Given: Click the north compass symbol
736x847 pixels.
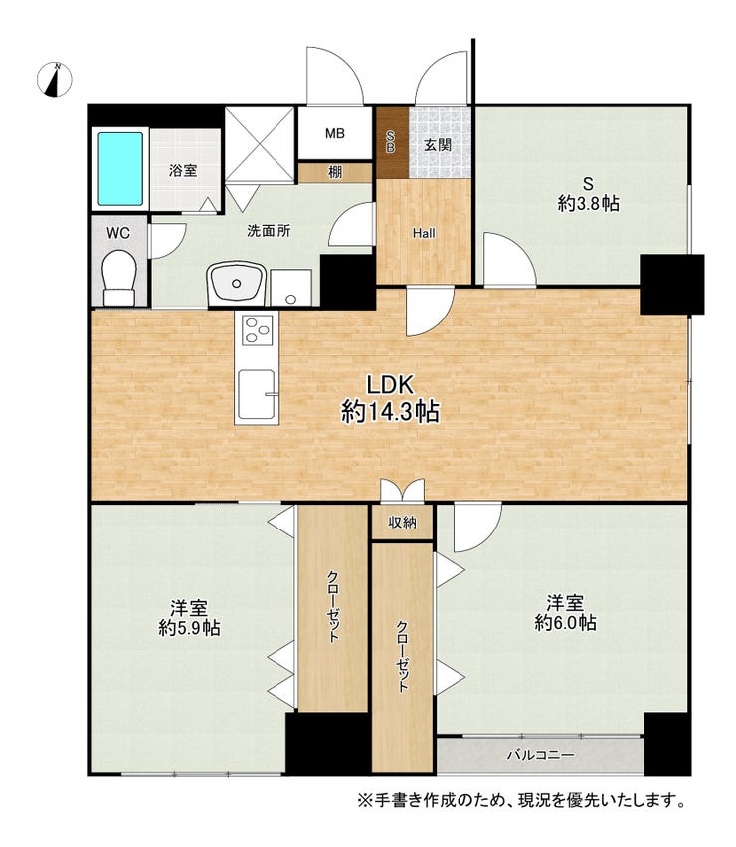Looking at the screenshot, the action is (55, 80).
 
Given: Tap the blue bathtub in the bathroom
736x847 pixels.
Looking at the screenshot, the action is (120, 169).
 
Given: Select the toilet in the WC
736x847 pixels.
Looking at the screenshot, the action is (119, 278).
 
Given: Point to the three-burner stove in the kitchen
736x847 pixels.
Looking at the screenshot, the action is (257, 329).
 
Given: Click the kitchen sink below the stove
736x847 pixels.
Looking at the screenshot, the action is (257, 394).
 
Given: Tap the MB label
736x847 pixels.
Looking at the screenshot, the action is (335, 133).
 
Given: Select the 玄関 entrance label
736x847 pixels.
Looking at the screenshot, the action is (437, 144).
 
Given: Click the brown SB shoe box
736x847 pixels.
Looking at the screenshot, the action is (392, 143).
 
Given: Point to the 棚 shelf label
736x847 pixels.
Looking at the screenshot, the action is (335, 172).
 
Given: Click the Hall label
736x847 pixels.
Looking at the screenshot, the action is (424, 233).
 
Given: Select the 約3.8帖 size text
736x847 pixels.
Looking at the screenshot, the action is (588, 204).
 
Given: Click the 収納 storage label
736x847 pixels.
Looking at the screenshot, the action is (402, 522).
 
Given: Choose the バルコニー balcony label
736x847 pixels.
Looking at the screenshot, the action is (540, 755).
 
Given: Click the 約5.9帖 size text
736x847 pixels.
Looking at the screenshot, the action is (189, 628).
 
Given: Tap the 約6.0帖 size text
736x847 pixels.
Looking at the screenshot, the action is (565, 623).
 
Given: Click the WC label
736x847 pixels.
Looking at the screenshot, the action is (118, 233).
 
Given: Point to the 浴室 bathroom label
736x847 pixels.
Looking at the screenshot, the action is (183, 171).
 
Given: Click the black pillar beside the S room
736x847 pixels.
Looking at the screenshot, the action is (671, 284).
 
